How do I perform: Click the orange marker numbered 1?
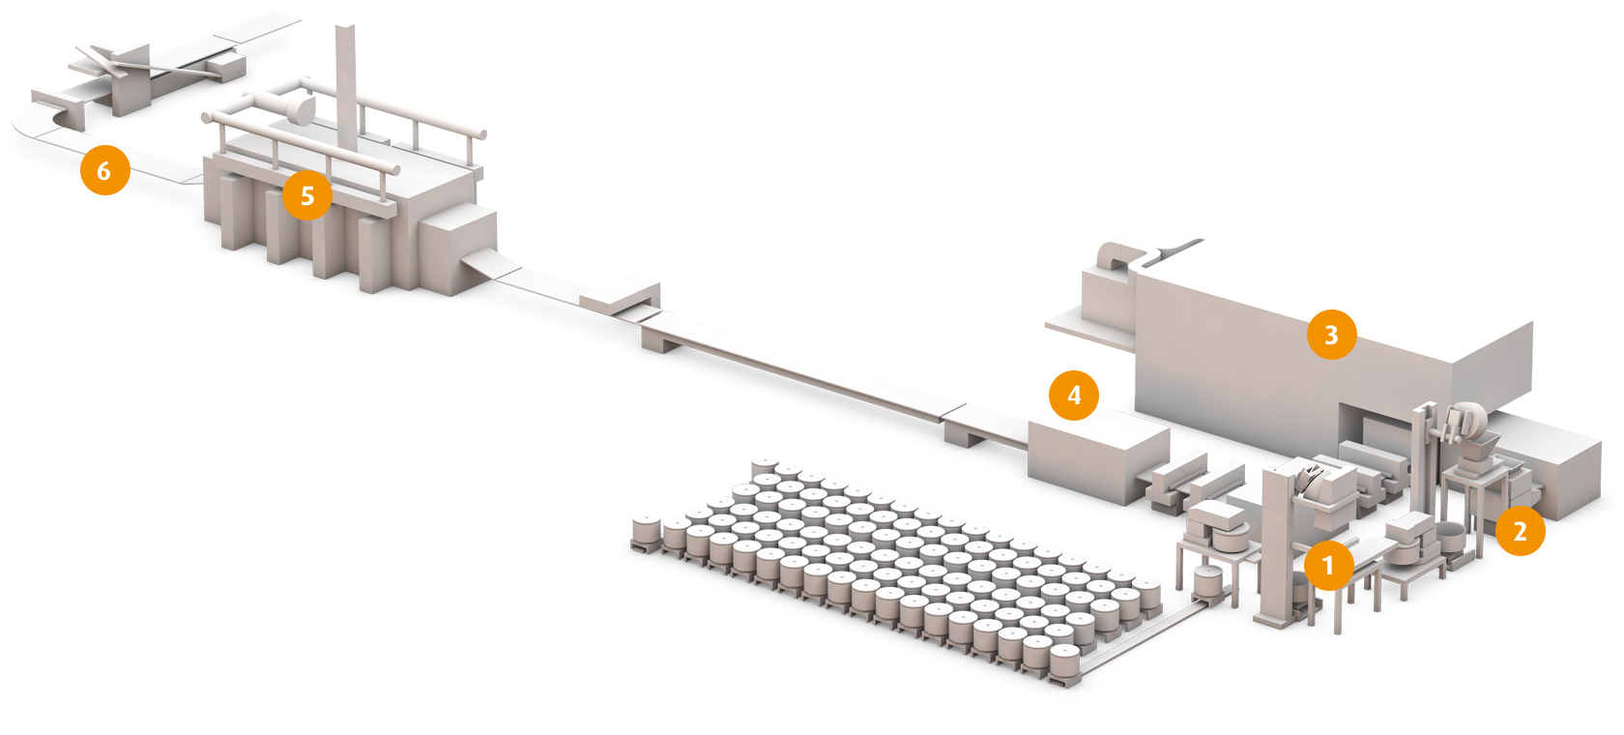coord(1329,566)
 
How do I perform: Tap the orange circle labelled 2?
coord(1520,531)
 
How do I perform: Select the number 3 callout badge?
coord(1331,335)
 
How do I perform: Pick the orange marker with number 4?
coord(1074,395)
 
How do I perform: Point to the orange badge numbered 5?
coord(307,196)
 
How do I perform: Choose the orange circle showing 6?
coord(104,171)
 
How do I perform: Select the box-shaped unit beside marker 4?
coord(1097,459)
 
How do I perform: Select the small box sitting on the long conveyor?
coord(620,298)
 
